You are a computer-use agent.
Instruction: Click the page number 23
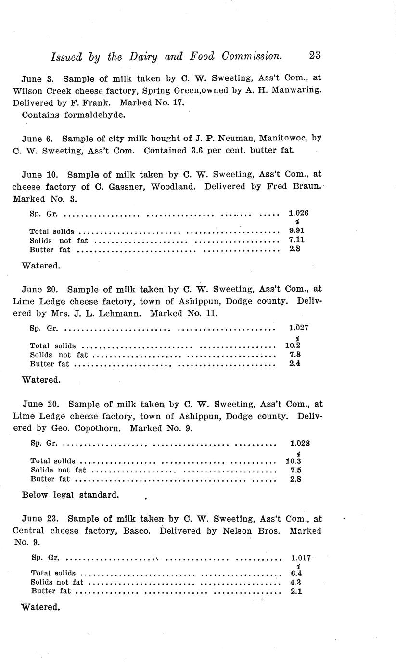click(x=315, y=56)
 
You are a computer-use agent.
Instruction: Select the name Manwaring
click(x=294, y=90)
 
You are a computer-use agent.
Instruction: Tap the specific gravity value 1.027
click(x=298, y=328)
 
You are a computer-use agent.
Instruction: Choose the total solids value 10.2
click(x=293, y=345)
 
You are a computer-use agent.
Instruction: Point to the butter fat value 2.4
click(x=295, y=364)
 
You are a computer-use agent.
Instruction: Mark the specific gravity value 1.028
click(x=300, y=443)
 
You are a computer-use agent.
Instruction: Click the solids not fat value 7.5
click(x=296, y=470)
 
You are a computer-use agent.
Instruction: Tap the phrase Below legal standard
click(x=70, y=495)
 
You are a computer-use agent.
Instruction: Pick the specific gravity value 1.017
click(x=301, y=558)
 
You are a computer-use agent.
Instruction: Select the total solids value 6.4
click(x=296, y=573)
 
